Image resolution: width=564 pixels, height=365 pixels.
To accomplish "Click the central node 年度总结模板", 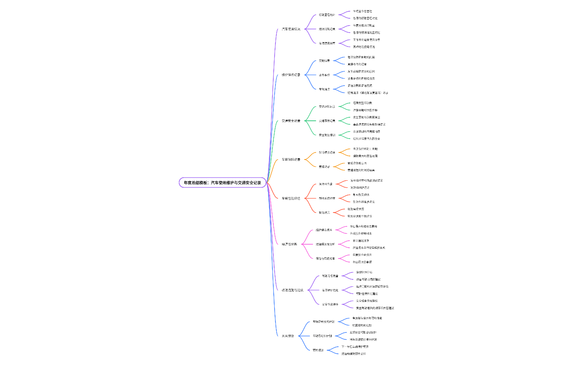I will point(222,183).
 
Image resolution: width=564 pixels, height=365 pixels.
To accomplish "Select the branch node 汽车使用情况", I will point(291,29).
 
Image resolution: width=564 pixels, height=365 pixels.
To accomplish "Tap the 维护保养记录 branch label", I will point(291,75).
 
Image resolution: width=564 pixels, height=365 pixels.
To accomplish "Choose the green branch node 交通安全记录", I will point(291,121).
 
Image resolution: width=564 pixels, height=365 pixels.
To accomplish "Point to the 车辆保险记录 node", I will point(291,159).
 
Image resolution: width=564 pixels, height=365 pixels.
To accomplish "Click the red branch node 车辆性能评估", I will point(291,198).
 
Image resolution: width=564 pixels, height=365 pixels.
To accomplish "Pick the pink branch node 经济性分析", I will point(289,244).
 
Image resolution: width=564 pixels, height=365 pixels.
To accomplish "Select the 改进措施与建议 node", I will point(292,290).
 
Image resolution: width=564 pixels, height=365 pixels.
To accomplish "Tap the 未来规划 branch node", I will point(288,336).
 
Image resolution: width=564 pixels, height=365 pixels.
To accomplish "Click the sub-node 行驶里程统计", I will point(327,15).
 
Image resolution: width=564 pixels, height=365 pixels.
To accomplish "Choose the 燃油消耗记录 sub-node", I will point(327,29).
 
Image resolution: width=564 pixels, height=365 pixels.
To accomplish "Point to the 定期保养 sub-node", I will point(324,61).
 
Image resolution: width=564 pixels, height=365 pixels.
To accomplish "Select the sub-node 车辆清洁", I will point(324,89).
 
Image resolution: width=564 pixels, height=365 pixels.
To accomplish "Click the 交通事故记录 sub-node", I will point(327,121).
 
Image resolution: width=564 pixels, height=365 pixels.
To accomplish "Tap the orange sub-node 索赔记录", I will point(324,166).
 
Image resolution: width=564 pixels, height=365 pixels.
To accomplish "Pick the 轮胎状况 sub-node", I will point(324,212).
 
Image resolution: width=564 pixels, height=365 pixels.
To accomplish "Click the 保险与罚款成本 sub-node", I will point(326,259).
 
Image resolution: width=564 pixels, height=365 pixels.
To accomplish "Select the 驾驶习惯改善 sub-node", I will point(330,276).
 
